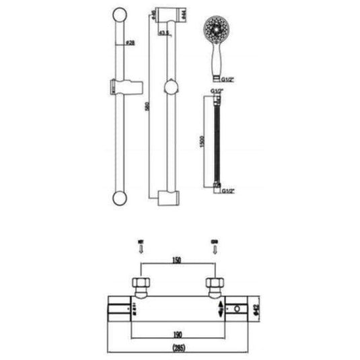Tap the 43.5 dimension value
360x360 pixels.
164,32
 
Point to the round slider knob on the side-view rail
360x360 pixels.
173,87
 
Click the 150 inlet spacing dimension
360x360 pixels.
177,259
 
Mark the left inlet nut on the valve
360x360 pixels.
140,283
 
